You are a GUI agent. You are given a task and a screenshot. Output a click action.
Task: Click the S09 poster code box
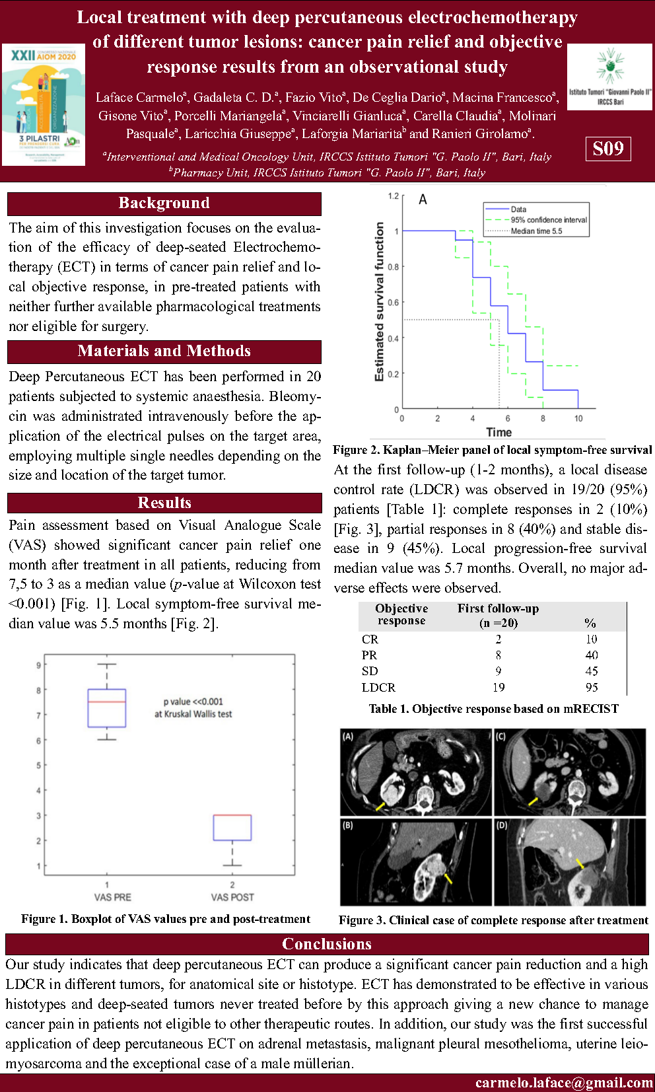pyautogui.click(x=608, y=149)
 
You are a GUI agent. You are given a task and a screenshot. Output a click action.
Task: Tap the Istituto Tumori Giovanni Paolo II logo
pyautogui.click(x=610, y=77)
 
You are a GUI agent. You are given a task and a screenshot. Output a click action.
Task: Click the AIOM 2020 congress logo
pyautogui.click(x=44, y=104)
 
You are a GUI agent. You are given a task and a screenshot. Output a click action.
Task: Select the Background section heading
pyautogui.click(x=164, y=203)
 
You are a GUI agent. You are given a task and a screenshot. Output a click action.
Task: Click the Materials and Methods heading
pyautogui.click(x=164, y=351)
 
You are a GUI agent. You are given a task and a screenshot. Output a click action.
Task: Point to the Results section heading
pyautogui.click(x=164, y=503)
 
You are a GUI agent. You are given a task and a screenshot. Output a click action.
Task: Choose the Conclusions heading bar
pyautogui.click(x=327, y=944)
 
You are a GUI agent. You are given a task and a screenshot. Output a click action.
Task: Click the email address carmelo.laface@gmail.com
pyautogui.click(x=564, y=1083)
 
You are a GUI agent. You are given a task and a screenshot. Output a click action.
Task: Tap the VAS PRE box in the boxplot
pyautogui.click(x=107, y=708)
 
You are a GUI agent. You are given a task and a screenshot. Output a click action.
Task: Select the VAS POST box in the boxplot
pyautogui.click(x=232, y=828)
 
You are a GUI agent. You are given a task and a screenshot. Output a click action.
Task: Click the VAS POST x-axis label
pyautogui.click(x=232, y=897)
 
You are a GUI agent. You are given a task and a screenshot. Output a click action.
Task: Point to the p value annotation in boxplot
pyautogui.click(x=193, y=708)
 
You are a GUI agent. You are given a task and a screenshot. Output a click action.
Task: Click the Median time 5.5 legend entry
pyautogui.click(x=536, y=231)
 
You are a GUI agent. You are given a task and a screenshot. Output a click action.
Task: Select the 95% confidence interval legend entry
pyautogui.click(x=548, y=220)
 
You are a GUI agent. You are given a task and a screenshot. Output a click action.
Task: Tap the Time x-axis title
pyautogui.click(x=499, y=432)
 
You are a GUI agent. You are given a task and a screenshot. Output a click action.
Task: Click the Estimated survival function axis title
pyautogui.click(x=380, y=301)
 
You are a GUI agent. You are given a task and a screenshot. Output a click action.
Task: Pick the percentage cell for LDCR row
pyautogui.click(x=592, y=687)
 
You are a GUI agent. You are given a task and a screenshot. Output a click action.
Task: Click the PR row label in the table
pyautogui.click(x=369, y=655)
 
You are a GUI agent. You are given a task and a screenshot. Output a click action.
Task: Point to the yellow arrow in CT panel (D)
pyautogui.click(x=580, y=864)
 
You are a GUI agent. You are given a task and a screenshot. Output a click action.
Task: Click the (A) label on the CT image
pyautogui.click(x=348, y=736)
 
